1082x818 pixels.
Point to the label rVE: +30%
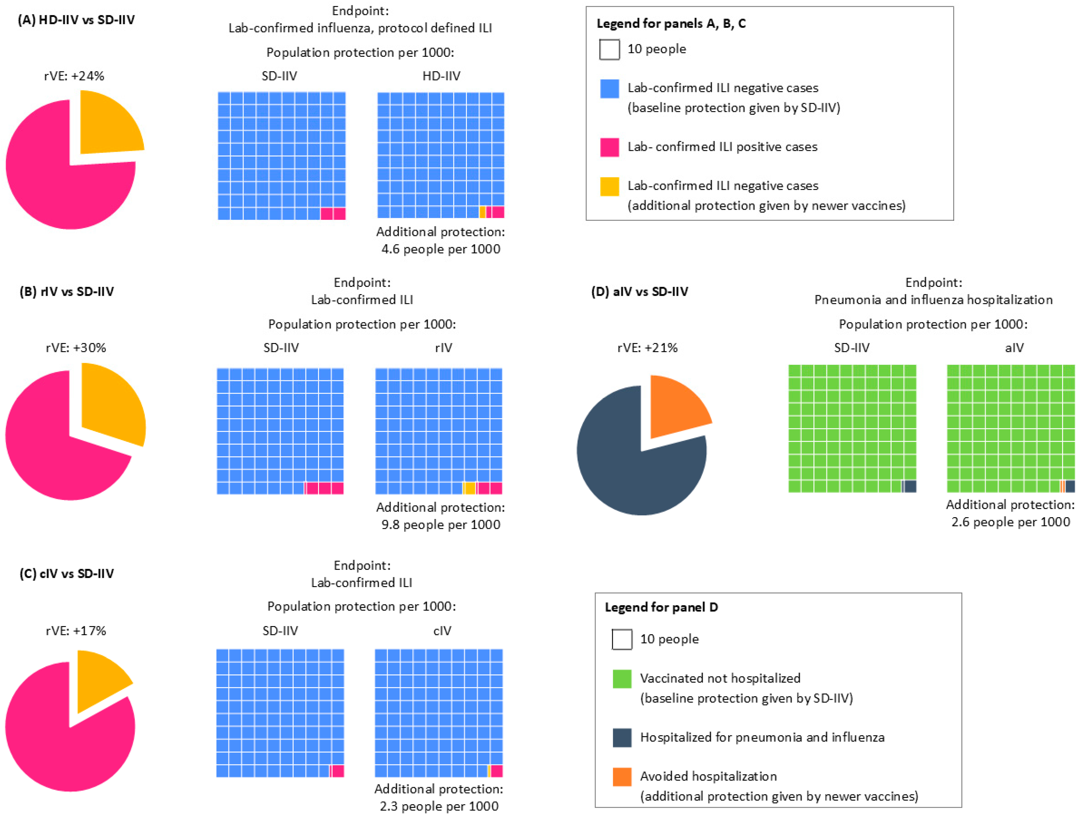click(76, 348)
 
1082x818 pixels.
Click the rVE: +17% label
click(76, 631)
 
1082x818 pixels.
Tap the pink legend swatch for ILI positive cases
click(610, 147)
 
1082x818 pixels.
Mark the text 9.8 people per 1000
click(440, 525)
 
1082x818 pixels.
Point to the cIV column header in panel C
click(442, 631)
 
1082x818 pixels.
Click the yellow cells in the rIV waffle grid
click(469, 488)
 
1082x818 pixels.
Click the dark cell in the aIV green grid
click(1070, 486)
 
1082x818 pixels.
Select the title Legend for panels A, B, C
click(671, 24)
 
